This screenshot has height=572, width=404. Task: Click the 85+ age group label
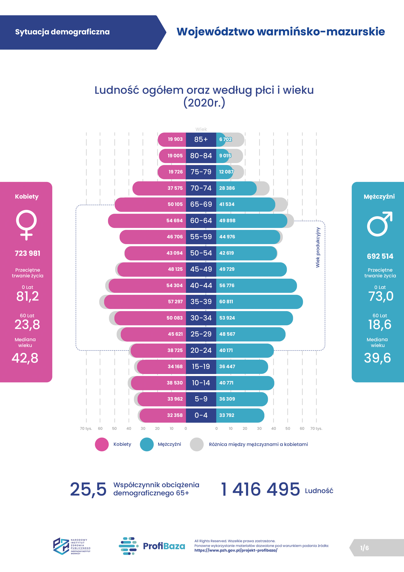coord(201,140)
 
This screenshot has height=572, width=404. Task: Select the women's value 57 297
coord(175,302)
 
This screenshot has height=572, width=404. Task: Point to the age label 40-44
coord(201,285)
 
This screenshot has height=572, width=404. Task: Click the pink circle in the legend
coord(102,444)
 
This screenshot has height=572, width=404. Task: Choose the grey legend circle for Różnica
coord(197,444)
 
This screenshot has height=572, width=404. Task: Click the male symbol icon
coord(379,224)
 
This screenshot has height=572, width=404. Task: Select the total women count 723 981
coord(27,253)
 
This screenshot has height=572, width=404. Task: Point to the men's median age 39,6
coord(377,358)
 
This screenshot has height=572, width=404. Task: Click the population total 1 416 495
coord(260,489)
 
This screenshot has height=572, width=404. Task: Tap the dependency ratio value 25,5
coord(88,489)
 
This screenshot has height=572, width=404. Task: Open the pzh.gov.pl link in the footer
coord(236,550)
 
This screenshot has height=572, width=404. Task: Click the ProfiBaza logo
coord(152,546)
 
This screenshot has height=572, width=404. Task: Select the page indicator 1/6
coord(364,548)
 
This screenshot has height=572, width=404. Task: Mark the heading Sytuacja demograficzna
coord(62,32)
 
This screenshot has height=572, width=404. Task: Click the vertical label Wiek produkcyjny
coord(318,247)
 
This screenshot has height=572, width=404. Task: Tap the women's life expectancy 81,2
coord(27,296)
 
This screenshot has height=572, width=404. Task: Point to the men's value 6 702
coord(225,140)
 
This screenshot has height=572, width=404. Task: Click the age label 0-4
coord(201,415)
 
